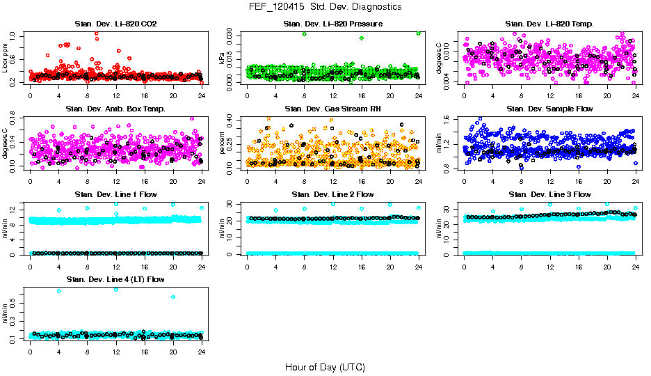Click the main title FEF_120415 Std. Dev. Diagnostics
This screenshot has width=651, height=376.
pyautogui.click(x=325, y=6)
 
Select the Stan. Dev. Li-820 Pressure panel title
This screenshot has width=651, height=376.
pyautogui.click(x=332, y=24)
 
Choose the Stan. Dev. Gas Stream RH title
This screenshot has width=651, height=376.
pyautogui.click(x=332, y=109)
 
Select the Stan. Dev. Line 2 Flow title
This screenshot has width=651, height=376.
pyautogui.click(x=332, y=194)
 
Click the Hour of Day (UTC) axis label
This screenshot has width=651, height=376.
pyautogui.click(x=325, y=367)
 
